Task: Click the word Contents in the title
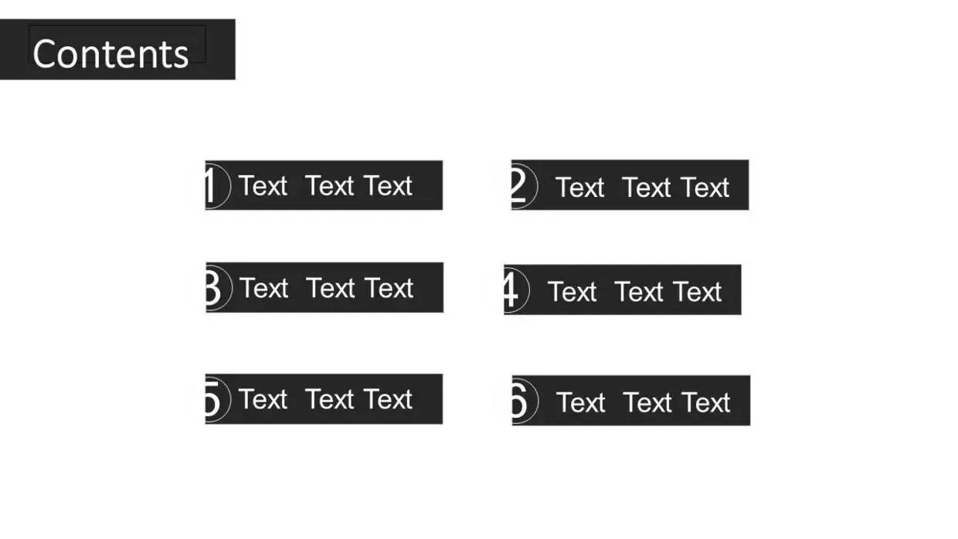(110, 53)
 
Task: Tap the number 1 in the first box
(210, 186)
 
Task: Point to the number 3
(212, 288)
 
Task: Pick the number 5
(212, 399)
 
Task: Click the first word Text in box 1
(263, 186)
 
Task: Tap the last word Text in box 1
(389, 186)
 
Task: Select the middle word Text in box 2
(647, 188)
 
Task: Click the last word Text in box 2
(705, 188)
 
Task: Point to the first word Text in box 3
(264, 288)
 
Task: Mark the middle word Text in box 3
(331, 288)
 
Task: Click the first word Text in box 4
(572, 292)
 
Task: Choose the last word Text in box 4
(698, 292)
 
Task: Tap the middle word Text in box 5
(329, 399)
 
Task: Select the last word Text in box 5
(389, 399)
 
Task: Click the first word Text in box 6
(581, 402)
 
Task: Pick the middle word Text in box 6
(647, 402)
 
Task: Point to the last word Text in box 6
(706, 402)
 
